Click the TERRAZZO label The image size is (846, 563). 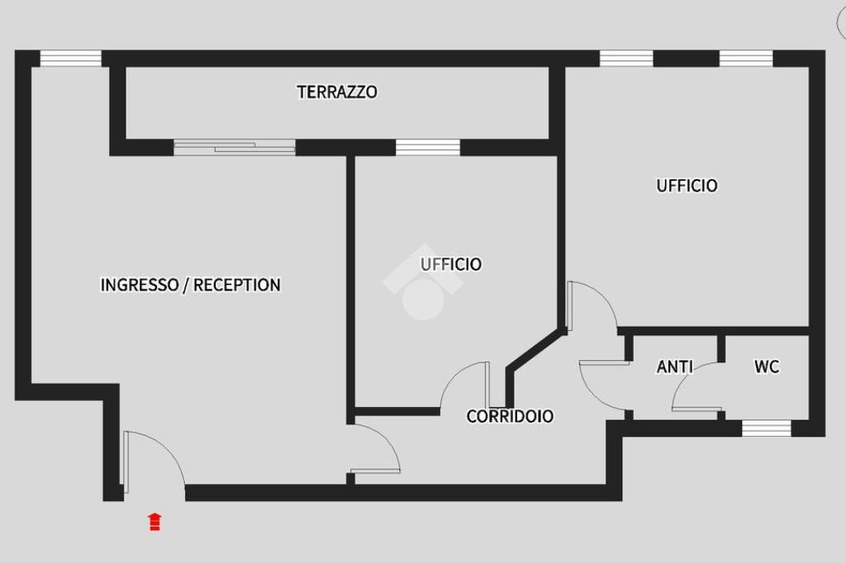point(337,92)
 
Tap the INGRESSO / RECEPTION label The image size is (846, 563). point(191,285)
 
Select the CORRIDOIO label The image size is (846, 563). point(510,416)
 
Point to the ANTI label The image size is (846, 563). point(674,367)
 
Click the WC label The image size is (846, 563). point(767,367)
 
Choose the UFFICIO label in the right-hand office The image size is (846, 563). point(687,186)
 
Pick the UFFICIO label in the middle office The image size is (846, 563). point(451,264)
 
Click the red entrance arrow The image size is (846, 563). point(154,522)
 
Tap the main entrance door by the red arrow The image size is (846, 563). point(154,461)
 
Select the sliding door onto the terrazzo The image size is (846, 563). point(234,147)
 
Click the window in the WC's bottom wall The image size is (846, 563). point(766,428)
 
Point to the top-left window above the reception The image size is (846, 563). point(71,59)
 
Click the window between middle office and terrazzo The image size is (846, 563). point(428,147)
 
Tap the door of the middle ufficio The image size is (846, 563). point(465,385)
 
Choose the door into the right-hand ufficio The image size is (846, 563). point(592,305)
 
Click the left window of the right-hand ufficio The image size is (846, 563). point(626,59)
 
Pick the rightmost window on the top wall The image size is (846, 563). point(746,59)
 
